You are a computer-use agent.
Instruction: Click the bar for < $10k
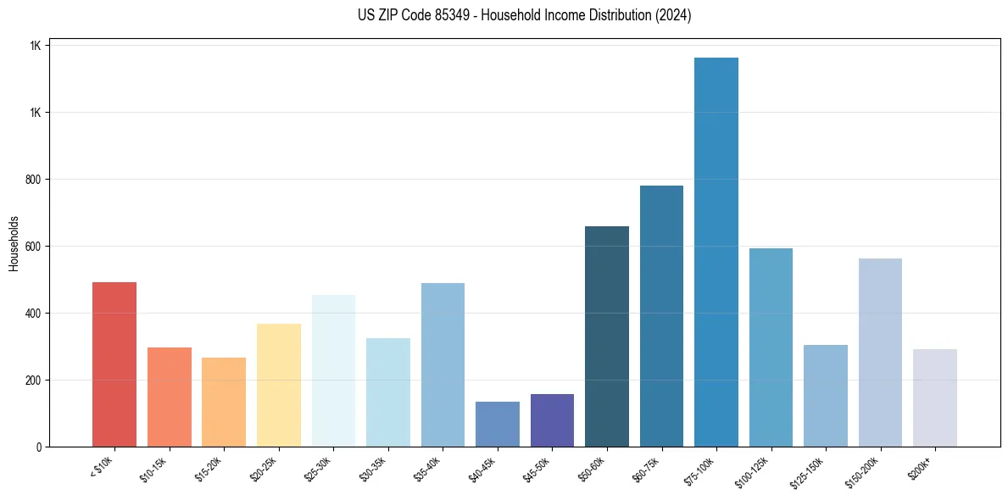[114, 364]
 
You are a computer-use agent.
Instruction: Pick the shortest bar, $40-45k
[497, 424]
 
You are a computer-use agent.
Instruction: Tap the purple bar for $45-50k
[552, 420]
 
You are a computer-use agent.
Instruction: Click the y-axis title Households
[14, 242]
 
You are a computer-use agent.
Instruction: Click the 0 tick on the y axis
[39, 447]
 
